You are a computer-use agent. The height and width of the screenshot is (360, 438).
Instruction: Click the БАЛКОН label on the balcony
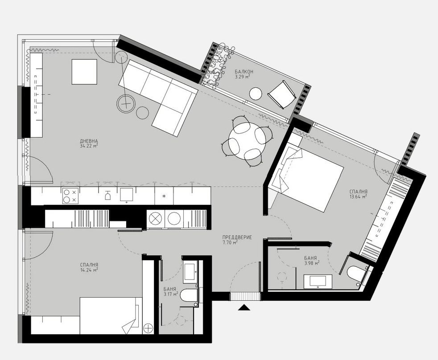click(x=244, y=71)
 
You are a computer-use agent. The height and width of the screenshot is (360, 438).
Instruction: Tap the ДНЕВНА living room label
click(x=89, y=139)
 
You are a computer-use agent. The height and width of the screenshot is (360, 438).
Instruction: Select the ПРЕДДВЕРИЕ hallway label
click(x=237, y=237)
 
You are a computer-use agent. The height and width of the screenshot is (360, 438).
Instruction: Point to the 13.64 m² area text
click(x=358, y=196)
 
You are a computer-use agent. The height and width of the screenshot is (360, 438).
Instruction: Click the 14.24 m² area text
click(x=89, y=270)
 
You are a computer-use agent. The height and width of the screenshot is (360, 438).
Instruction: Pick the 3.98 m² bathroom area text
click(x=312, y=263)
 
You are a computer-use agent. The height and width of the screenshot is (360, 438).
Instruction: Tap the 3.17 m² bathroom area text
click(x=171, y=294)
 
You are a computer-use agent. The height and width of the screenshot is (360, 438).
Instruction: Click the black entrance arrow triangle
click(x=244, y=307)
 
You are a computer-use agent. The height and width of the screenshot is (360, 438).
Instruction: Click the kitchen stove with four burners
click(x=69, y=196)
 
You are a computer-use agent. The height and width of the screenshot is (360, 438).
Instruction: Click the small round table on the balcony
click(x=256, y=94)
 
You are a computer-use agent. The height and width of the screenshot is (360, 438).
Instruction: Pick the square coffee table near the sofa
click(x=85, y=72)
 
